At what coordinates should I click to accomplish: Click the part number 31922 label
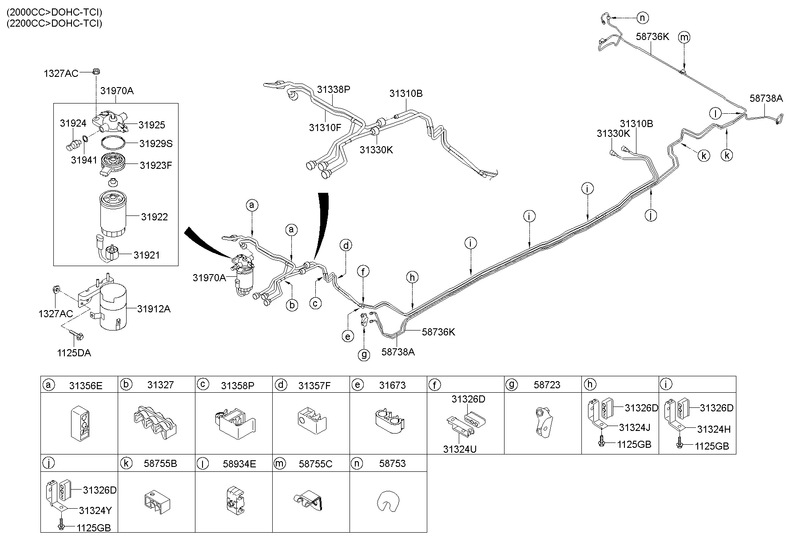point(154,217)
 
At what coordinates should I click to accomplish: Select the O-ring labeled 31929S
point(112,143)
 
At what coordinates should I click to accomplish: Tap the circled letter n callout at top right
point(642,18)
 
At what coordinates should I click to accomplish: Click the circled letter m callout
point(684,37)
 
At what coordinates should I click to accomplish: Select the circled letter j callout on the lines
point(651,215)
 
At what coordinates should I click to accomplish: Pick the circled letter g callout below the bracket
point(364,355)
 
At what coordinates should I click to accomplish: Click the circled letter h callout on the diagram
point(412,278)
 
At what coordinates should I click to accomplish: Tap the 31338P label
point(334,89)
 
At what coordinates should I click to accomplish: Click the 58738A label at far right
point(766,98)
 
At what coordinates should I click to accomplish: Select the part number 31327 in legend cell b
point(160,385)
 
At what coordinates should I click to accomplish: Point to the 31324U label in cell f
point(460,449)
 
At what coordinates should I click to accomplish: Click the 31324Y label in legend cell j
point(95,510)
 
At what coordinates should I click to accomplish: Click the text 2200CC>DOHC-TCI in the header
point(54,23)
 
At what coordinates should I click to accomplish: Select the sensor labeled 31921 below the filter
point(109,254)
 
